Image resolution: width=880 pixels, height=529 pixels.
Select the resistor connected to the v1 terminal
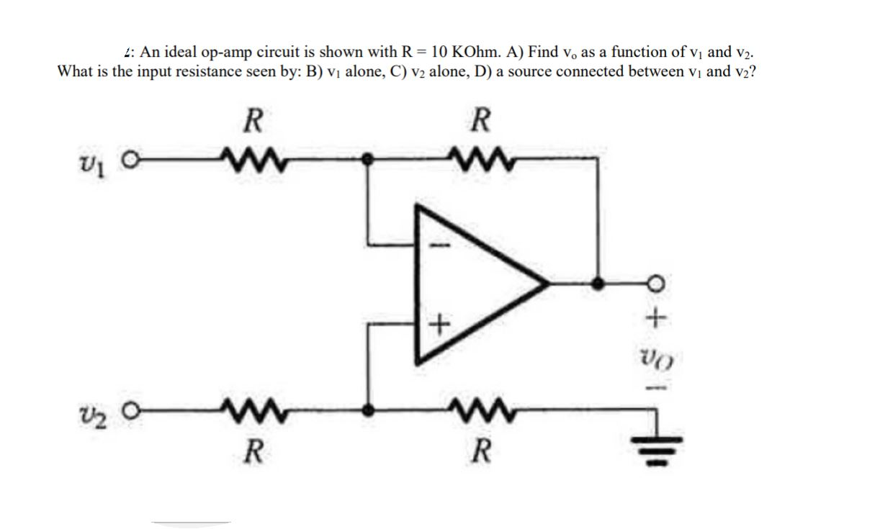248,156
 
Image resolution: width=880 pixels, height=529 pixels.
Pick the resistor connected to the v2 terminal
248,412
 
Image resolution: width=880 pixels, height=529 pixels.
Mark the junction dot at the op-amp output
596,284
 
